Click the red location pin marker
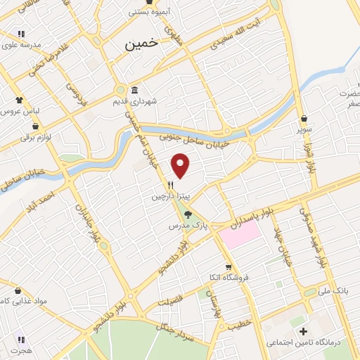coord(181,165)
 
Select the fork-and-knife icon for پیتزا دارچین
coord(170,186)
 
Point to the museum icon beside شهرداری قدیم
coord(134,89)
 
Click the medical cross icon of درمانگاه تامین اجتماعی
coord(303,330)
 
